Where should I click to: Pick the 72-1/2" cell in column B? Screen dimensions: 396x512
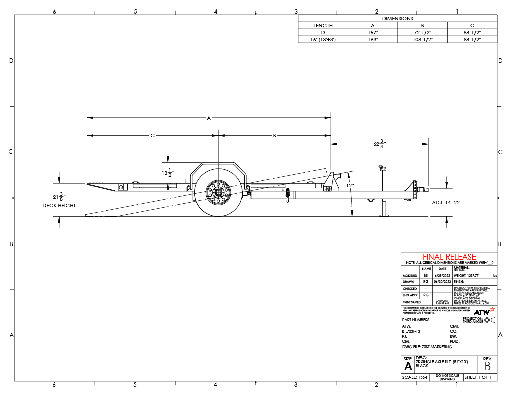tap(422, 32)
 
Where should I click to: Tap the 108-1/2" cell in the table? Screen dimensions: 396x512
tap(422, 39)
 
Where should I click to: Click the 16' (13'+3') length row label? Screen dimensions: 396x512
tap(323, 39)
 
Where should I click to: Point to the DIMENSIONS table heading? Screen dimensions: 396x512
tap(397, 18)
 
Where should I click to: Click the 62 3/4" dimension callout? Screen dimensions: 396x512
tap(378, 144)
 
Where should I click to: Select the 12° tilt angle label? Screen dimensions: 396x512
tap(351, 186)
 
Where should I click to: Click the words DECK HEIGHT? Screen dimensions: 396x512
tap(59, 206)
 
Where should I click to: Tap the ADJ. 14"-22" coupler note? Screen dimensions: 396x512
tap(446, 203)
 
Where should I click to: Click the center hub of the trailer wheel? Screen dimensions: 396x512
tap(218, 193)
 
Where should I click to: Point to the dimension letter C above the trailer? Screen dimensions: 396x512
tap(153, 136)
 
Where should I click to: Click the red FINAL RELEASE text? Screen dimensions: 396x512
tap(449, 257)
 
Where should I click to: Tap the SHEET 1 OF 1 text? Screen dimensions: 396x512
tap(478, 377)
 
